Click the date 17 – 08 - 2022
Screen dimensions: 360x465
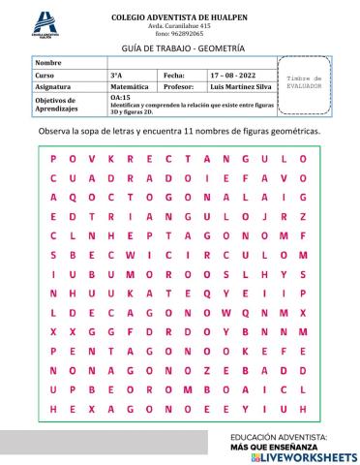tap(234, 74)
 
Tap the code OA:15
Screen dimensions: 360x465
tap(121, 97)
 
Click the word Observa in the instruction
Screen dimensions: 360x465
tap(56, 130)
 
